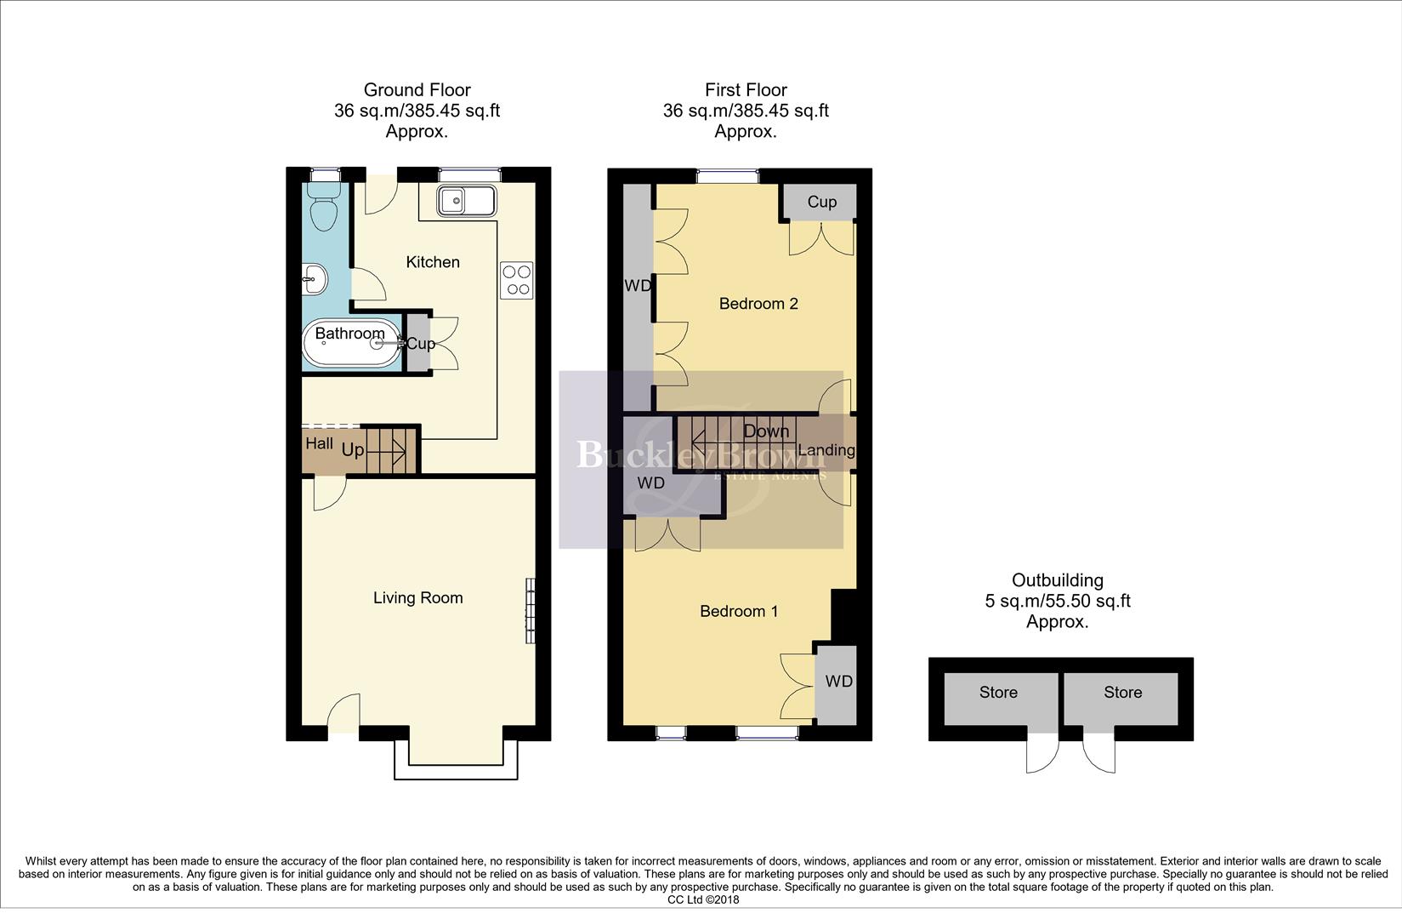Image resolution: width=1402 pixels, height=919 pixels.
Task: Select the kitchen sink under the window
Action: (x=466, y=202)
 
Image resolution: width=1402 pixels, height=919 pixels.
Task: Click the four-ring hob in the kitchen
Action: (x=516, y=280)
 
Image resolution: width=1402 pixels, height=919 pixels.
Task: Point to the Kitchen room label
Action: (x=433, y=262)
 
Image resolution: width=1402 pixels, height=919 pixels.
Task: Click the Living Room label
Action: (x=417, y=598)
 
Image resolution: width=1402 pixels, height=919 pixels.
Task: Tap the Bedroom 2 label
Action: (x=758, y=304)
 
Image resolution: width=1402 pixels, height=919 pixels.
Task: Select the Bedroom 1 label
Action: (x=739, y=611)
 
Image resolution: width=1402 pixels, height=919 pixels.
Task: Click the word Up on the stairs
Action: (x=353, y=449)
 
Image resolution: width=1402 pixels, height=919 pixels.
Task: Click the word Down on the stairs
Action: (x=766, y=431)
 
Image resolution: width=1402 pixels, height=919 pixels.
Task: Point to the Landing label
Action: (x=826, y=450)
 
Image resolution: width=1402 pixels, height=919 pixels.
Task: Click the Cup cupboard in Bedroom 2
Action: (x=821, y=202)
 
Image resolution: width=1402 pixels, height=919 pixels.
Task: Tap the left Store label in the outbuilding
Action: (x=998, y=693)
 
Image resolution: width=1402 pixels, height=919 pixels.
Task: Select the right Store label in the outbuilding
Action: (x=1122, y=693)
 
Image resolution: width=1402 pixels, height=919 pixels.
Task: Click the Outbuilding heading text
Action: (x=1057, y=580)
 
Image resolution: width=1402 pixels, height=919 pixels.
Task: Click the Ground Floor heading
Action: (x=417, y=90)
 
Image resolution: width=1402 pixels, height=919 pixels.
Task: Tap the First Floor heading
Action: (x=746, y=90)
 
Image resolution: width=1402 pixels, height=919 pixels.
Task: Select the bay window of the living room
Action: (x=455, y=760)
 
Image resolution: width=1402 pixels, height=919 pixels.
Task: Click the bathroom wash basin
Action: (x=315, y=278)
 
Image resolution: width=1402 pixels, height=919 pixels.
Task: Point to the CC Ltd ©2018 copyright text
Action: (x=703, y=899)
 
